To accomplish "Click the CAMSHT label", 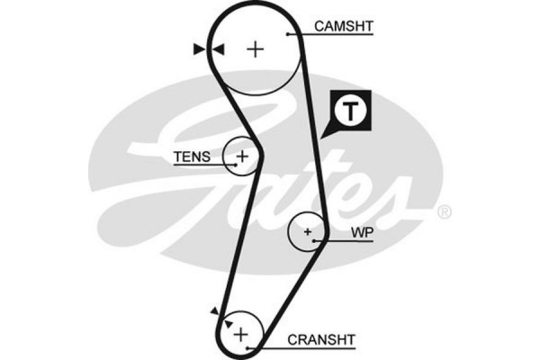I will (x=342, y=27).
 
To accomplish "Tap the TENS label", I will (x=192, y=157).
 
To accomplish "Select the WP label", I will (x=362, y=233).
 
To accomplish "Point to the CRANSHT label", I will (x=321, y=339).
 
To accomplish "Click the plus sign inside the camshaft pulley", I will (x=256, y=48).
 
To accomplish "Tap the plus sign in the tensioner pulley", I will (x=241, y=157).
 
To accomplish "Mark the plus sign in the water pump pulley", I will (x=308, y=232).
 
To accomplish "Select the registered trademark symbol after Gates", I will (x=444, y=212).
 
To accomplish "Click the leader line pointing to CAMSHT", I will (x=299, y=33).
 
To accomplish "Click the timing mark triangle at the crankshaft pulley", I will (x=214, y=310).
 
